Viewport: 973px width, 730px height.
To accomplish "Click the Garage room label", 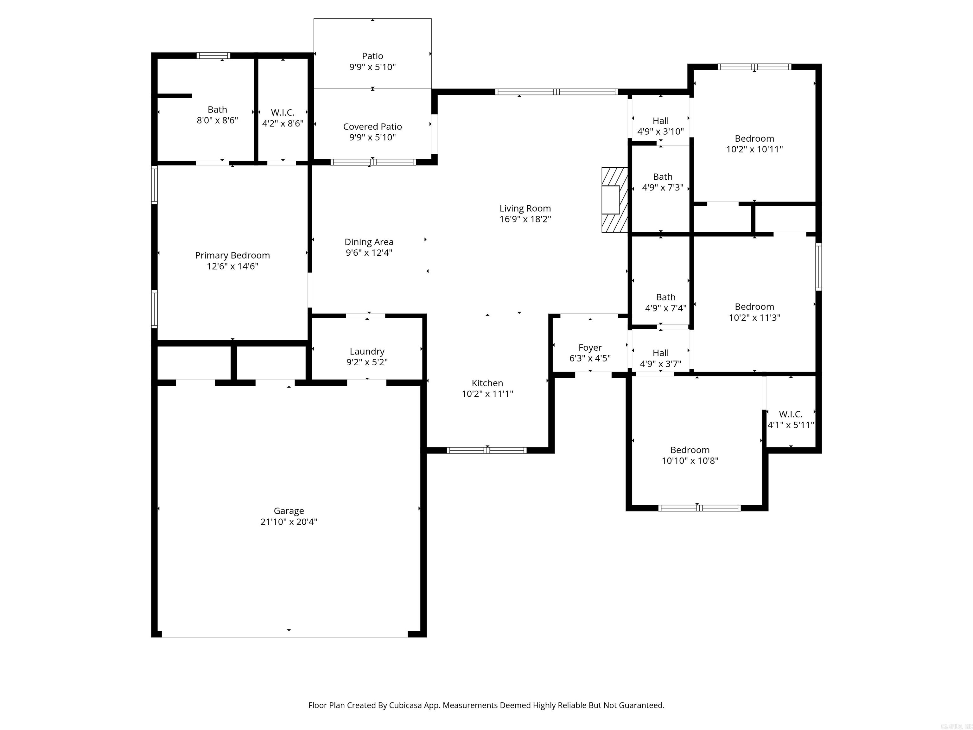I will (x=289, y=511).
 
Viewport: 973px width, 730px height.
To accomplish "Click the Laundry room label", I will (x=367, y=351).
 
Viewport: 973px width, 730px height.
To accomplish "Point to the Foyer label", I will (x=590, y=348).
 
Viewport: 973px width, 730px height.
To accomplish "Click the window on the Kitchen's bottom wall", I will (x=486, y=450).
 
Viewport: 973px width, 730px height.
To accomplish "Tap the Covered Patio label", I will (x=372, y=127).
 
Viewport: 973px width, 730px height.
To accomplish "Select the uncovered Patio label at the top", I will (x=372, y=56).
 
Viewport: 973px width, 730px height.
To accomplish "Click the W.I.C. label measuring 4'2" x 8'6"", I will (x=283, y=113).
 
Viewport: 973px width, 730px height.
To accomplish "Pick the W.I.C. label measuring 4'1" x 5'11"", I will (x=791, y=414).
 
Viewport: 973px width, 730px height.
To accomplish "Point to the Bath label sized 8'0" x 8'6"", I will (x=217, y=110).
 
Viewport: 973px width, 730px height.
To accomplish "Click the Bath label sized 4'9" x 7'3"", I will (x=663, y=177).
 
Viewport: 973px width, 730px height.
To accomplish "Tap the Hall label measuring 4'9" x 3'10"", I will (x=660, y=121).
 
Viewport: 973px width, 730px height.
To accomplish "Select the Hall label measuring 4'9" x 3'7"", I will (x=660, y=353).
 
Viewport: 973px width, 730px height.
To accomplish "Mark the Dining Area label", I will (x=369, y=242).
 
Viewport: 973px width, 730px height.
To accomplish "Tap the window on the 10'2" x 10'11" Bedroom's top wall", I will (x=754, y=67).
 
